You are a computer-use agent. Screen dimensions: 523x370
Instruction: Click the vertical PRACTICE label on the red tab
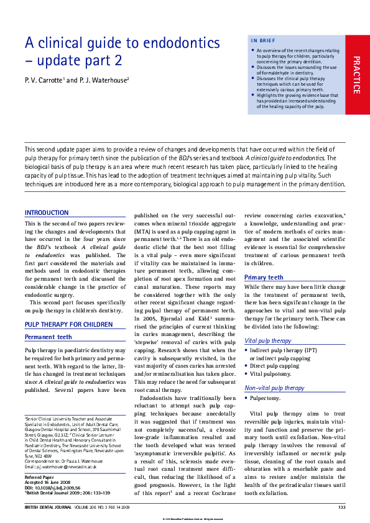click(356, 75)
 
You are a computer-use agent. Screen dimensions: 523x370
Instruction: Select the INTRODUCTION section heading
click(47, 212)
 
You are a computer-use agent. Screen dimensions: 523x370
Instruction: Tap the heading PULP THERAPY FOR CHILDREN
click(68, 324)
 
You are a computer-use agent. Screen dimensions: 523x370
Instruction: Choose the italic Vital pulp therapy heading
click(267, 341)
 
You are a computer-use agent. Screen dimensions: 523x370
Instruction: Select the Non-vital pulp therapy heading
click(274, 388)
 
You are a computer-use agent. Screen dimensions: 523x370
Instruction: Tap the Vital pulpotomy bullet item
click(271, 375)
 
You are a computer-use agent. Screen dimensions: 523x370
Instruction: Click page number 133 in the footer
click(341, 508)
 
